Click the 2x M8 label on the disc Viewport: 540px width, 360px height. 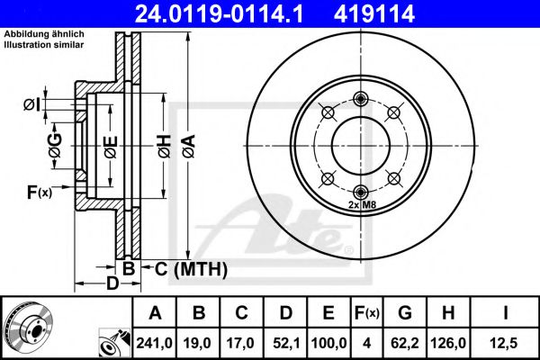[x=360, y=205]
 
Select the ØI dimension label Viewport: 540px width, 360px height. [x=31, y=105]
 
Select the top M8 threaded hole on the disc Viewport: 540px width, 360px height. [x=361, y=99]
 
